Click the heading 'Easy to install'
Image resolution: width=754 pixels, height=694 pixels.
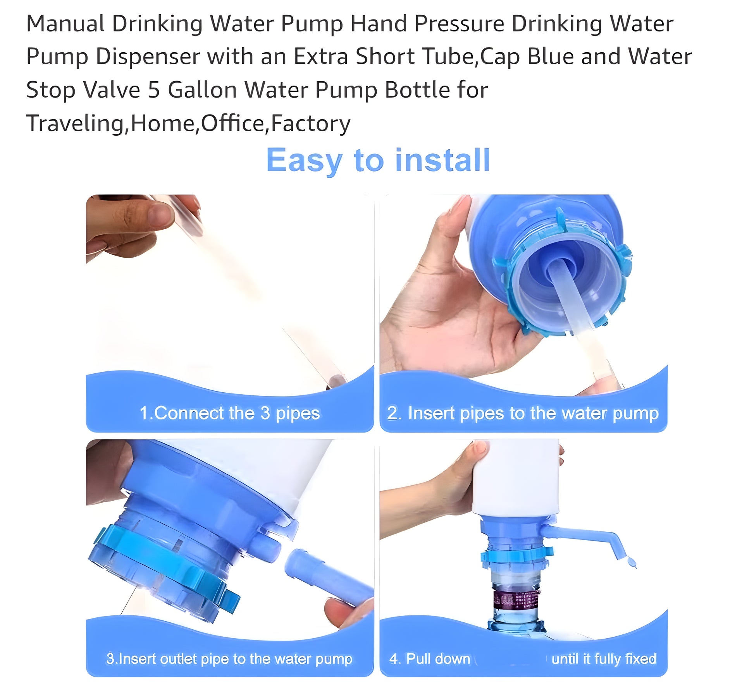pos(378,160)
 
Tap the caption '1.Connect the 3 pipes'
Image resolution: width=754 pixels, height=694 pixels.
pos(230,413)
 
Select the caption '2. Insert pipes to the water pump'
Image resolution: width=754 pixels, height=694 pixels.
pos(523,413)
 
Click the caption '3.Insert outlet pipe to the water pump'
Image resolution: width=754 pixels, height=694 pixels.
pos(229,659)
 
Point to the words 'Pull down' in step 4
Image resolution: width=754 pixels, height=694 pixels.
pos(438,659)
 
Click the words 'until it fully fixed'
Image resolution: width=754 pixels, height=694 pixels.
pos(604,659)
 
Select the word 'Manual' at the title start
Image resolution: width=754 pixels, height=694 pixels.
pos(65,24)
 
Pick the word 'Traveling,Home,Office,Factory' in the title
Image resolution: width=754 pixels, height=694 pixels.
pos(188,123)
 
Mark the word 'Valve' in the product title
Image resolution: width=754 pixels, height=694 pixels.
pos(112,90)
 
